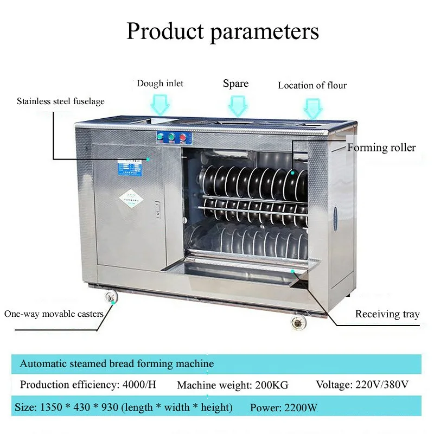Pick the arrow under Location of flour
(x=313, y=107)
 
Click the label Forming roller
(x=381, y=148)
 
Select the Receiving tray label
(x=387, y=314)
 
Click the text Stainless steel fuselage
(x=61, y=101)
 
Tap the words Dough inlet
(x=159, y=84)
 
